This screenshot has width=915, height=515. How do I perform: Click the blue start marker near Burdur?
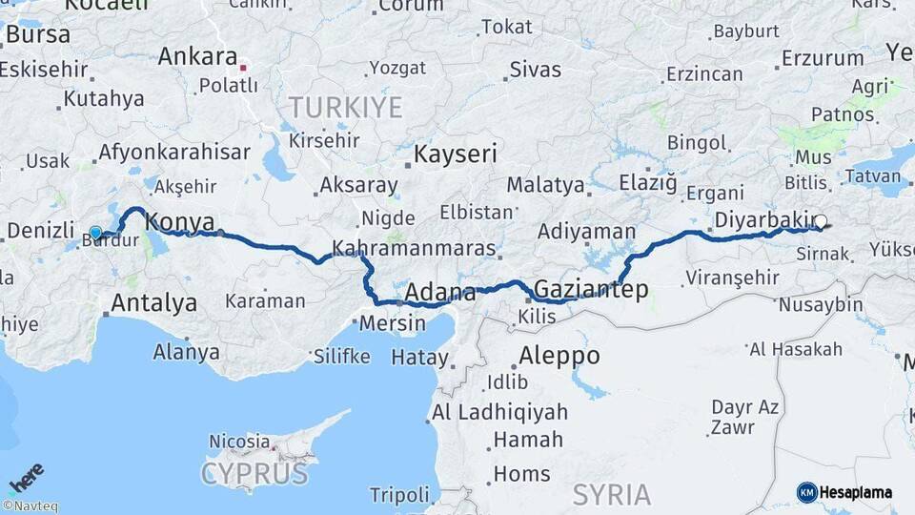(x=95, y=233)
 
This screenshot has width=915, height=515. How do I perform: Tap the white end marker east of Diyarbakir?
(x=821, y=221)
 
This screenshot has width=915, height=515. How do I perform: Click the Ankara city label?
(x=197, y=56)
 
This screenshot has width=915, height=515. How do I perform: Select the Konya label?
(x=179, y=222)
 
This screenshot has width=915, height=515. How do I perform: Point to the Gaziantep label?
(x=591, y=289)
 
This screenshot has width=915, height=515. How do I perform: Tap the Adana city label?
(x=440, y=292)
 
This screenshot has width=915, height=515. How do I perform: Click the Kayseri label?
(x=456, y=154)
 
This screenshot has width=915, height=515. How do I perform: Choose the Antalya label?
(x=154, y=303)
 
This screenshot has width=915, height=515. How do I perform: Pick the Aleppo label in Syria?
(x=559, y=356)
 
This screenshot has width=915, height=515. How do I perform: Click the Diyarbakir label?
(x=761, y=218)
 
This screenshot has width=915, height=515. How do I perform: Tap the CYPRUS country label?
(x=255, y=473)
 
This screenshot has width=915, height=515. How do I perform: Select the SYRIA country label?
(x=612, y=495)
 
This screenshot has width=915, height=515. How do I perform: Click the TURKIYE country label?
(x=345, y=107)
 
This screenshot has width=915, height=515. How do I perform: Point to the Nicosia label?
(x=239, y=442)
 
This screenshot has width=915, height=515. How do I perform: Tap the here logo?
(x=26, y=477)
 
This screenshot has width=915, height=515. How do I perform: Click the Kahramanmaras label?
(x=414, y=249)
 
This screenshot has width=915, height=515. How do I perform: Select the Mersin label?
(x=392, y=323)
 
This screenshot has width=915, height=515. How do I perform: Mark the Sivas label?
(x=536, y=69)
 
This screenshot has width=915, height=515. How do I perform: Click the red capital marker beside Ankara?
(x=244, y=67)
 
